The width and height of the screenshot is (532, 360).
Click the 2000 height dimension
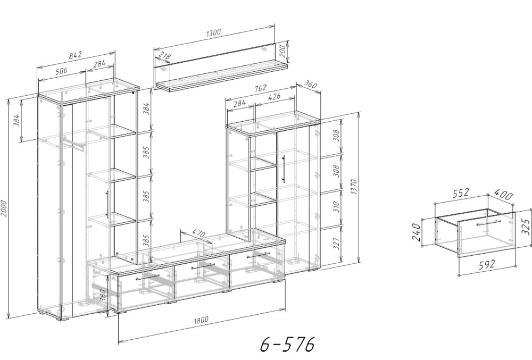point(4,209)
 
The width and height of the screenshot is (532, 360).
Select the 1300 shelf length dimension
point(214,32)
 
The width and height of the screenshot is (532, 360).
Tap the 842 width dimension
point(76,55)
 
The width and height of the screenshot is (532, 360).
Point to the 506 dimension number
point(61,71)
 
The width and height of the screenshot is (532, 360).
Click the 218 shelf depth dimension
point(164,55)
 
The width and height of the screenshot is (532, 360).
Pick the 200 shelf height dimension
point(282,51)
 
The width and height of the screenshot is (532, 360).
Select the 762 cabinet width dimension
point(260,88)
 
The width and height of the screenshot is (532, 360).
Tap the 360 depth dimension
point(310,83)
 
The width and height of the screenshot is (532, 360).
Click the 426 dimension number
point(274,96)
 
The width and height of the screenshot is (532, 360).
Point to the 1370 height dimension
point(354,187)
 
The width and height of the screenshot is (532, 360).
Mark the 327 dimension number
point(336,243)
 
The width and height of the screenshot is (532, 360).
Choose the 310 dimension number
point(336,206)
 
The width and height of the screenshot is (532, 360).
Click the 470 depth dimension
point(198,233)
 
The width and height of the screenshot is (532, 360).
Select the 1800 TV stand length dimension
point(202,320)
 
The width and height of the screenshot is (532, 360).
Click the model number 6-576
point(287,345)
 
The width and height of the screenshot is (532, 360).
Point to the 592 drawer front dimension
point(487,264)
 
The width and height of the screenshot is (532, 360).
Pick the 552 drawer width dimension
point(460,193)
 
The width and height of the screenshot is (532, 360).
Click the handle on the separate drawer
point(488,223)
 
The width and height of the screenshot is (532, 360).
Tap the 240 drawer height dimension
point(417,231)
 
